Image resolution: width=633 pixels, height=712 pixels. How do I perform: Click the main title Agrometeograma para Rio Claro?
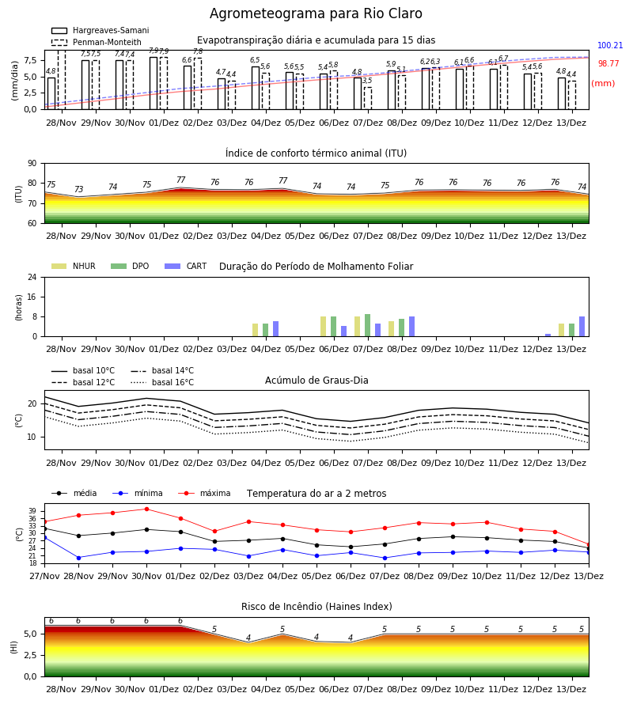pos(316,13)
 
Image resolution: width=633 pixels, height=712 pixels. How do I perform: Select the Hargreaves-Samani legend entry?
pos(100,30)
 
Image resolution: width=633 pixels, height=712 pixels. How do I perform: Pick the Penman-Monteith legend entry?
pos(97,42)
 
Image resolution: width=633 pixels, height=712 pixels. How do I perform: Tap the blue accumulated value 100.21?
pos(610,45)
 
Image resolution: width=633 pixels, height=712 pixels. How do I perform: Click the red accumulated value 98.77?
pos(608,63)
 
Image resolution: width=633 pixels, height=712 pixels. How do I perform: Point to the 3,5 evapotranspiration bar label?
pos(367,81)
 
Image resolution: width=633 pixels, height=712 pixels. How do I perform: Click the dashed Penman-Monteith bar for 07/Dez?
pos(368,99)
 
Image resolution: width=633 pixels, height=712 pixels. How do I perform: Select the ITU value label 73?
pos(79,189)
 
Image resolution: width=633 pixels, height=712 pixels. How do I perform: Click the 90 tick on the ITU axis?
pos(32,164)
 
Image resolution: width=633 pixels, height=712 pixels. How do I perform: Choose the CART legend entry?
pos(186,266)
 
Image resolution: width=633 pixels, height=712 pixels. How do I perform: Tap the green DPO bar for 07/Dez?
pos(367,325)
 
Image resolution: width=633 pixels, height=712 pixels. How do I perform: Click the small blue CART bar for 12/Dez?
pos(548,335)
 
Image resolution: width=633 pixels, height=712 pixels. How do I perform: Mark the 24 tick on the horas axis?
pos(32,277)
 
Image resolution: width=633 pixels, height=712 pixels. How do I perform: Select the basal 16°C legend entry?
pos(162,382)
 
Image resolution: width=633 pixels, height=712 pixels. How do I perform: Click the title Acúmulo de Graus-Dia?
pos(316,381)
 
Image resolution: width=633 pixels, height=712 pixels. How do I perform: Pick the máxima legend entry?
pos(204,493)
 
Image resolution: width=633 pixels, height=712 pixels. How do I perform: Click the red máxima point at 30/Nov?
pos(146,509)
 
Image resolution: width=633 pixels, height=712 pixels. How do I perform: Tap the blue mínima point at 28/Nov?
pos(78,558)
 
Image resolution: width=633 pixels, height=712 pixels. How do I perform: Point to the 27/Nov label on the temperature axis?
pos(44,576)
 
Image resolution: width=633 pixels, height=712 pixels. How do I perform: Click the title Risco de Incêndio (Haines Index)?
pos(316,607)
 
